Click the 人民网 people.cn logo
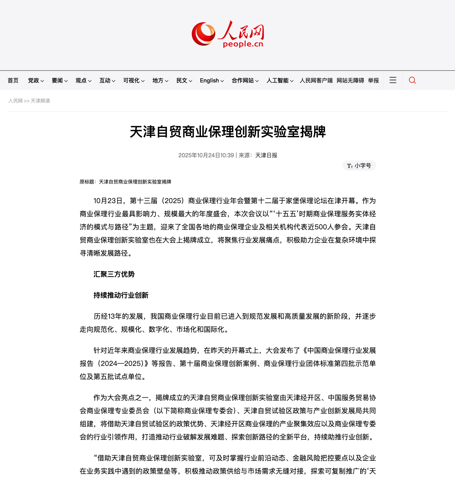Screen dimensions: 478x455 click(x=228, y=34)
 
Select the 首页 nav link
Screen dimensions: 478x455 click(x=13, y=80)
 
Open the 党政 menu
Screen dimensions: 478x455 click(x=36, y=80)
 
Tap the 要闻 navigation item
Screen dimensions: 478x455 click(x=59, y=80)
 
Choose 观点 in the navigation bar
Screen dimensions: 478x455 click(x=83, y=80)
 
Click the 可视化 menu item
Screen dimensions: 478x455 click(x=133, y=80)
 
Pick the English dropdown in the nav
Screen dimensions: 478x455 click(x=212, y=80)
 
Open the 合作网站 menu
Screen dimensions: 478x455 click(x=245, y=80)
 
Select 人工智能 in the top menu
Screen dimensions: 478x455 click(x=280, y=80)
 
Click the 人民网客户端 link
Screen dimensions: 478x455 click(x=316, y=80)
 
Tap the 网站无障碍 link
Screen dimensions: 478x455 click(x=350, y=80)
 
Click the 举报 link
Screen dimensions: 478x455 click(x=373, y=80)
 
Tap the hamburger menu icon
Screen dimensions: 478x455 click(x=393, y=80)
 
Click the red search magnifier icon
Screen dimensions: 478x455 click(x=412, y=80)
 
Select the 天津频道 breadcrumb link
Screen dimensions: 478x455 click(x=40, y=101)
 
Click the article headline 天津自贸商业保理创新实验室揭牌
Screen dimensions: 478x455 click(x=228, y=132)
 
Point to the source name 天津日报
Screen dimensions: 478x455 click(x=266, y=155)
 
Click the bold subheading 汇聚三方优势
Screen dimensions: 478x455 click(x=114, y=274)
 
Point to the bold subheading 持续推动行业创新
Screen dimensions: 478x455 click(x=121, y=295)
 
